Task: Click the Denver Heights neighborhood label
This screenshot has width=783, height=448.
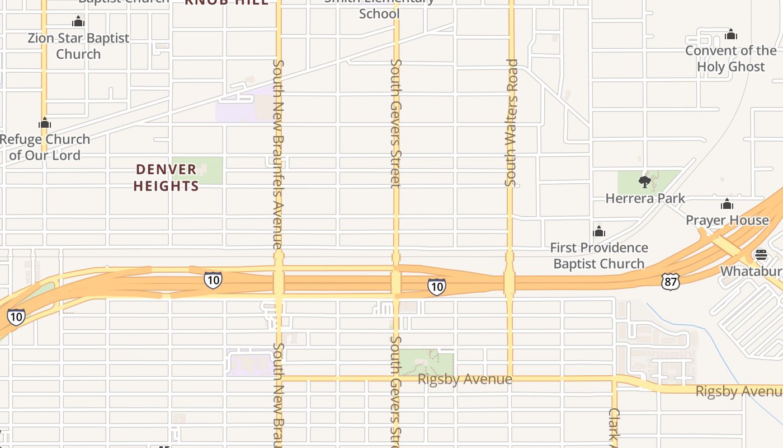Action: [x=166, y=178]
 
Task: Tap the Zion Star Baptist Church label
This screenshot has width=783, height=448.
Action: [x=78, y=46]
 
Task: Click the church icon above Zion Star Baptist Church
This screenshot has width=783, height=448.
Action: [x=78, y=22]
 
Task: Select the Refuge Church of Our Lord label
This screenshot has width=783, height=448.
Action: [x=45, y=147]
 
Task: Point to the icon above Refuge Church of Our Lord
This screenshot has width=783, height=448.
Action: [x=45, y=123]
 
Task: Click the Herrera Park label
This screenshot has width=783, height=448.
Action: [x=645, y=198]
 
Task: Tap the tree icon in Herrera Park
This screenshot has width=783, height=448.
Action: [x=645, y=181]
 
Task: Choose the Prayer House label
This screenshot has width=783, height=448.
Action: [x=727, y=220]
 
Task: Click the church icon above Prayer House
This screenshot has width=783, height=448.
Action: [x=727, y=204]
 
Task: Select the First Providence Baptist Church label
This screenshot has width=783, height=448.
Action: [x=599, y=255]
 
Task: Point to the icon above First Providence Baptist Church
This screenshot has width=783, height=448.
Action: [x=599, y=231]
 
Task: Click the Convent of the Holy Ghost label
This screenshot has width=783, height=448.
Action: [x=730, y=58]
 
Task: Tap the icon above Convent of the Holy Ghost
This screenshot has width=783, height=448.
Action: [x=730, y=35]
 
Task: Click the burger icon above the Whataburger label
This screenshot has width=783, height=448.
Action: [x=761, y=255]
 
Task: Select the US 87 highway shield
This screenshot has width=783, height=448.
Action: [x=670, y=282]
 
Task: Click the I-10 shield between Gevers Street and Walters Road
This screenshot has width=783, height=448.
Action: [x=436, y=287]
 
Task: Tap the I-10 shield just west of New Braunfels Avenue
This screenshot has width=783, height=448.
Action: [x=213, y=280]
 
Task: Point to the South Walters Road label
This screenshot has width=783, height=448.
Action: [x=510, y=123]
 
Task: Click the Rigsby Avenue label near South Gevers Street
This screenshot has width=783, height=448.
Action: [x=465, y=379]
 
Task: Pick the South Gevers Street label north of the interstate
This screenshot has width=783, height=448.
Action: [x=396, y=123]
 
